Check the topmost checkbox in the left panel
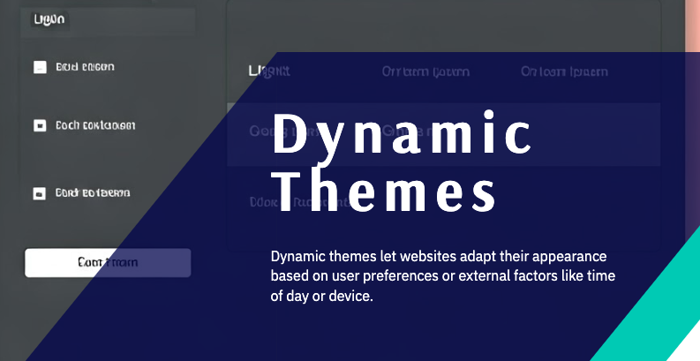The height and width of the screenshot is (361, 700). [x=40, y=67]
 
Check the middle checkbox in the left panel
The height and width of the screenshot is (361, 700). [x=40, y=125]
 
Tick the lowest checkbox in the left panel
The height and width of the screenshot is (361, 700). [x=40, y=193]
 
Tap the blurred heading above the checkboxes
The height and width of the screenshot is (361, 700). [x=49, y=19]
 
